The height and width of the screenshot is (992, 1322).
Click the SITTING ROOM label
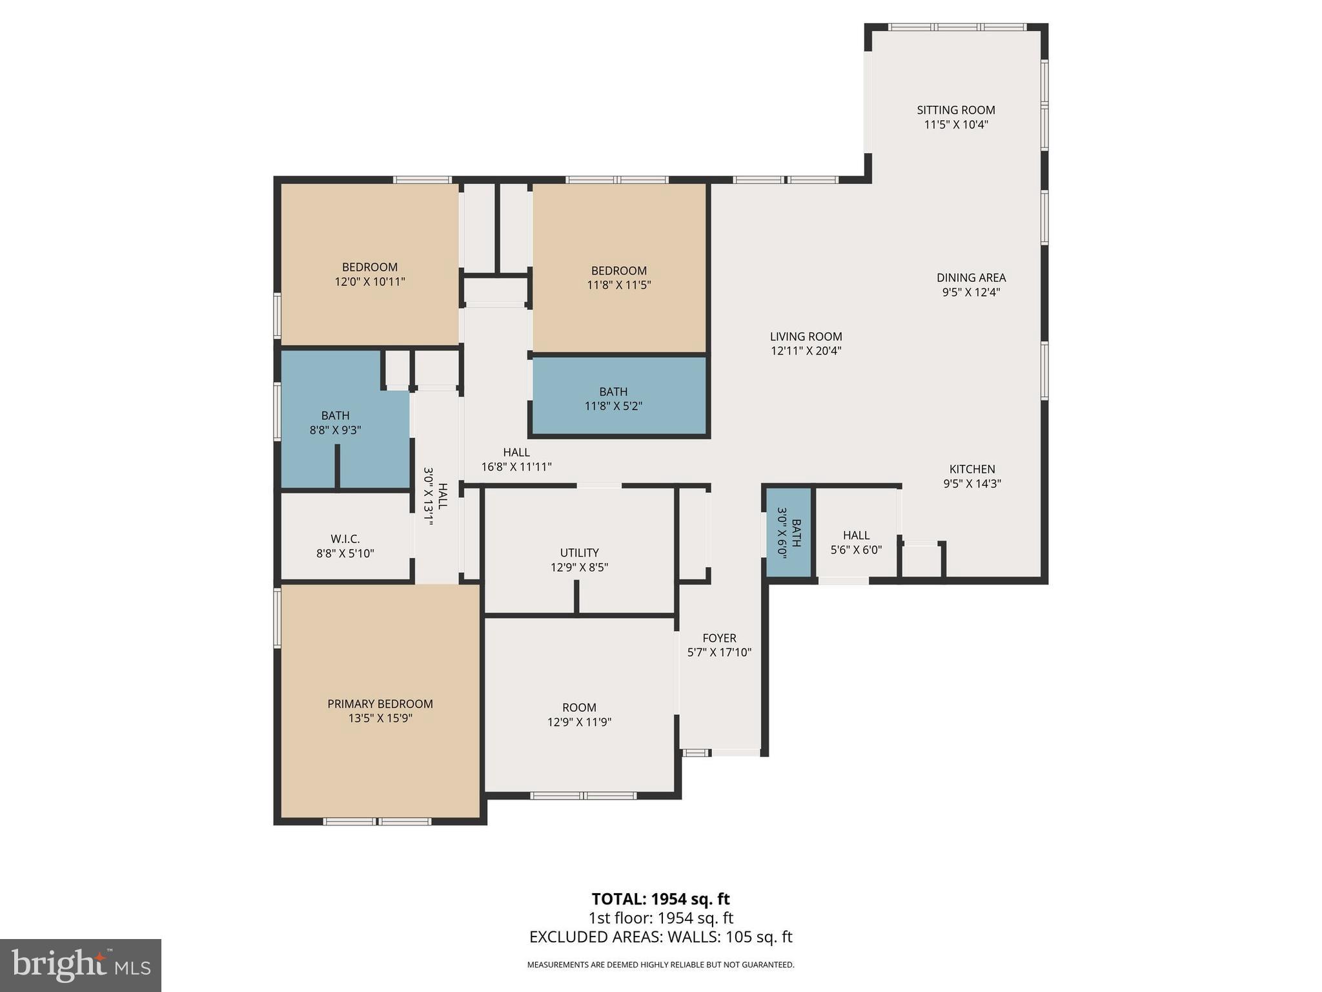(955, 110)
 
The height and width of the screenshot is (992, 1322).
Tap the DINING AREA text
(971, 278)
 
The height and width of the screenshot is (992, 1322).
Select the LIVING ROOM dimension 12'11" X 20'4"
(806, 351)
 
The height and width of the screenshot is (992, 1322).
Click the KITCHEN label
(971, 470)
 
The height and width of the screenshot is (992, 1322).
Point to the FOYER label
(719, 638)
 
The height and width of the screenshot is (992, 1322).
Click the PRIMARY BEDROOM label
(380, 704)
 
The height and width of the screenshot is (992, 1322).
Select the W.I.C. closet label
(345, 539)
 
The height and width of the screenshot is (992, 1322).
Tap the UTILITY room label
(579, 553)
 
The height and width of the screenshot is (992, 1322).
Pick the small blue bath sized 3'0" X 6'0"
(789, 532)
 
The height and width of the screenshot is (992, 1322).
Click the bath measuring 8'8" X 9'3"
(335, 422)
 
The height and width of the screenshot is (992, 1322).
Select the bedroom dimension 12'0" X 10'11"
(369, 282)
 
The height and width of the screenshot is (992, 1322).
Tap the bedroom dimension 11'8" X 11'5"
(618, 285)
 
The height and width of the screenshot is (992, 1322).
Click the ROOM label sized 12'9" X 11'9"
(579, 708)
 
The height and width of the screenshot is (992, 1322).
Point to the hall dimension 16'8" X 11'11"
(516, 467)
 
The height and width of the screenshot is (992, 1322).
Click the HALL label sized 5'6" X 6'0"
(856, 535)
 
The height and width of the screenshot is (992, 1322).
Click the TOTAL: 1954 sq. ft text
(660, 899)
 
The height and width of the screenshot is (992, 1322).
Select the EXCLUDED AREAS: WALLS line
(660, 937)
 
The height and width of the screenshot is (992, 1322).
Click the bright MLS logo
(81, 966)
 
